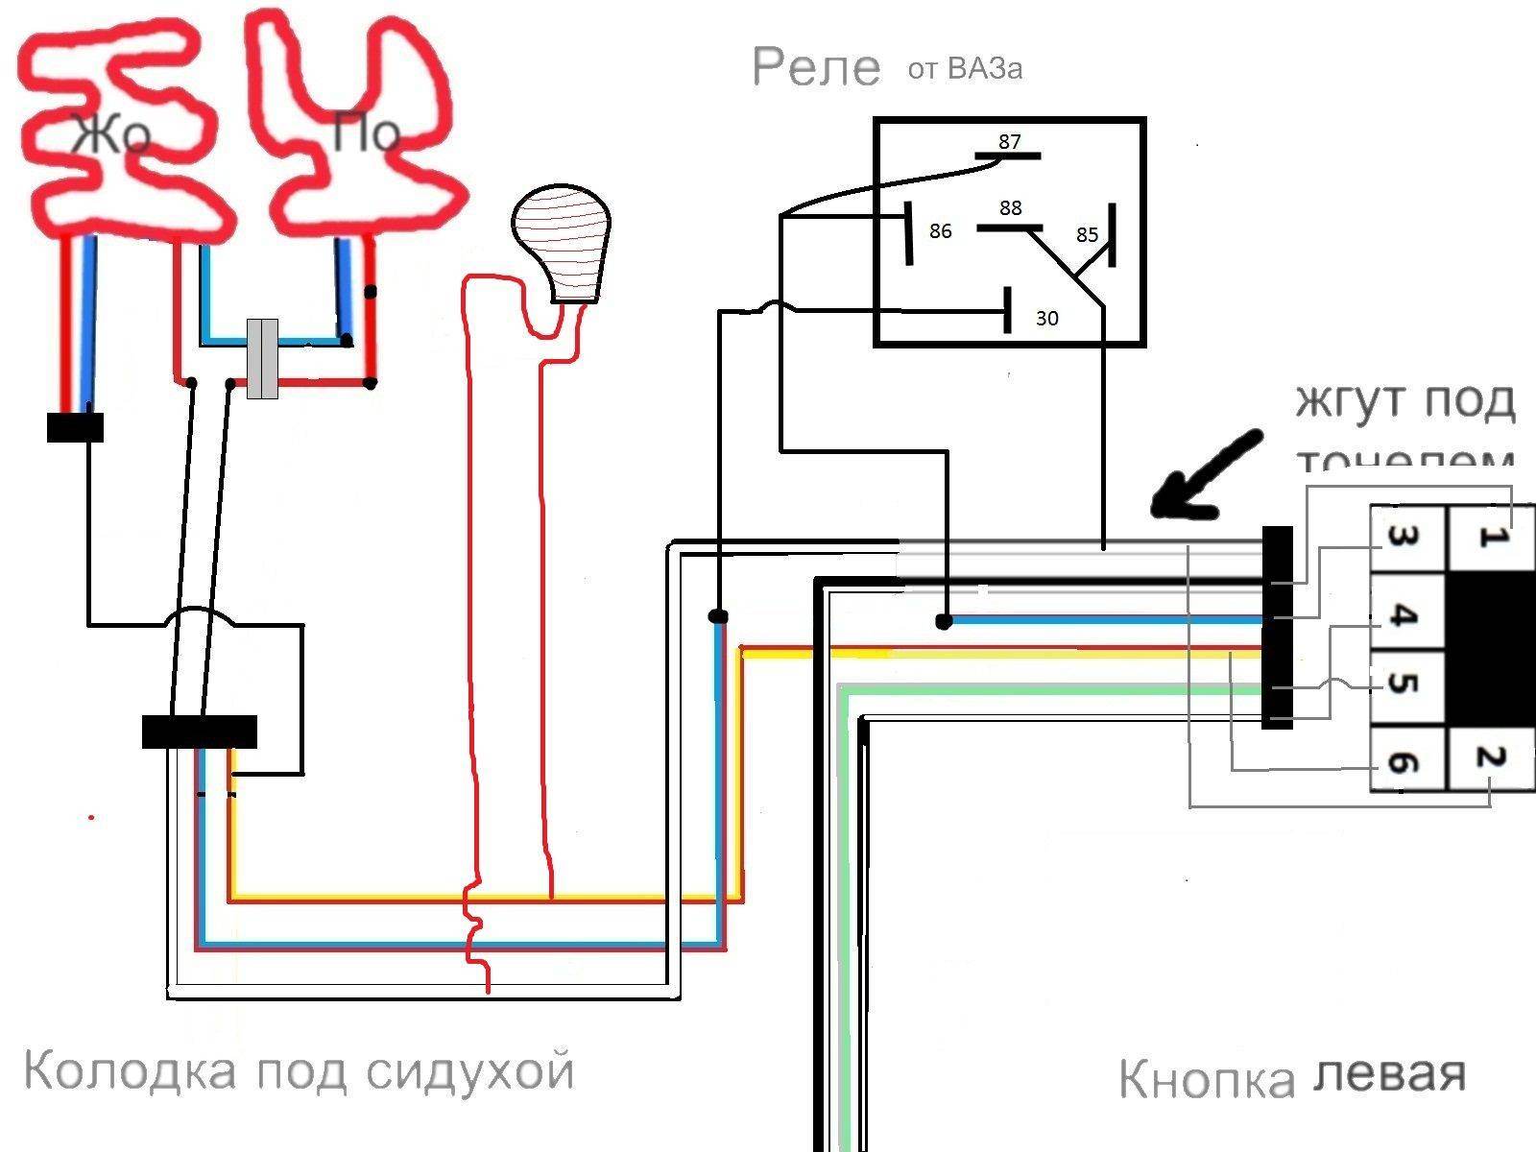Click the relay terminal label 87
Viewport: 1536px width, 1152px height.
coord(1009,142)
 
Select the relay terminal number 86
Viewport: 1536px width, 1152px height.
coord(940,231)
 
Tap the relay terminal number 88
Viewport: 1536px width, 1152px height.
coord(1010,208)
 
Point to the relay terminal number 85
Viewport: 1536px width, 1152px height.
coord(1087,235)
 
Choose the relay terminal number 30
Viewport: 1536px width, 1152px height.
coord(1046,318)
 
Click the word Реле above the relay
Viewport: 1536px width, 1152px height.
coord(815,68)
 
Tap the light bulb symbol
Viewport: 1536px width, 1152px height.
coord(562,245)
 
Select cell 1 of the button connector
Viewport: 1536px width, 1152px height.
coord(1490,539)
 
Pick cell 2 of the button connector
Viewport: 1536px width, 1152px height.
coord(1490,758)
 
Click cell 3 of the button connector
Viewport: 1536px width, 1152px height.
coord(1404,539)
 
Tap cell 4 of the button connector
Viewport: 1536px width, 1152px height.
coord(1404,614)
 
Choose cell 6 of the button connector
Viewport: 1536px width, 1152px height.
coord(1404,762)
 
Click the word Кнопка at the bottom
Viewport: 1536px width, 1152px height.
coord(1206,1080)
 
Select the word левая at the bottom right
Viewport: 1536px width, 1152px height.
coord(1388,1075)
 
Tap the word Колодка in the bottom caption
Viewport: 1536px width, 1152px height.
coord(129,1070)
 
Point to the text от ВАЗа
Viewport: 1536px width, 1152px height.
coord(964,69)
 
